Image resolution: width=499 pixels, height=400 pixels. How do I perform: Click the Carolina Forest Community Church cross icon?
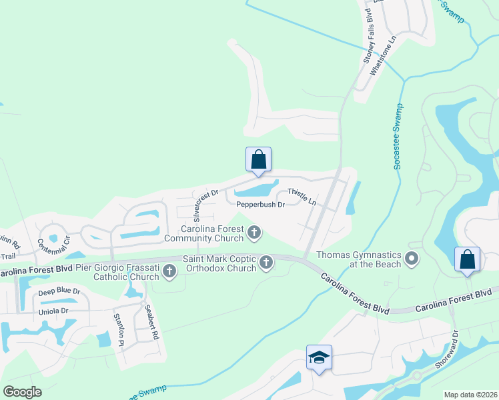pos(254,233)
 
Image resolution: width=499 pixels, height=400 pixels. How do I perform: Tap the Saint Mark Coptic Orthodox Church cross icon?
pos(266,262)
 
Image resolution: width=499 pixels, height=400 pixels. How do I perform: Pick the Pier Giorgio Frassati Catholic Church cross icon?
pos(169,271)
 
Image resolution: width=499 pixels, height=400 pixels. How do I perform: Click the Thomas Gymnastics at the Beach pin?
pos(413,259)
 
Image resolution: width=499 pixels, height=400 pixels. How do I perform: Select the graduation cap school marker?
pos(320,357)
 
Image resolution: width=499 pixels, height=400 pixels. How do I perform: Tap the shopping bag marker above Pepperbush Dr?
pos(258,160)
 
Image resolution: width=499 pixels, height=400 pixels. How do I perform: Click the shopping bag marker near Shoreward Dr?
pos(468,260)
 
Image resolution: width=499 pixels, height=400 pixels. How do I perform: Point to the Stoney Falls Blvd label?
pos(368,34)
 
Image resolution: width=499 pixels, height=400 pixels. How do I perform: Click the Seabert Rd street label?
pos(153,323)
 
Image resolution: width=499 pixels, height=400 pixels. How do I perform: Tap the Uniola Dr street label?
pos(53,311)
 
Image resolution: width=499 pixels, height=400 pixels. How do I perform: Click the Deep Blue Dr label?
pos(59,292)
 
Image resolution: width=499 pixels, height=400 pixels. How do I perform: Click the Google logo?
pos(23,391)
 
